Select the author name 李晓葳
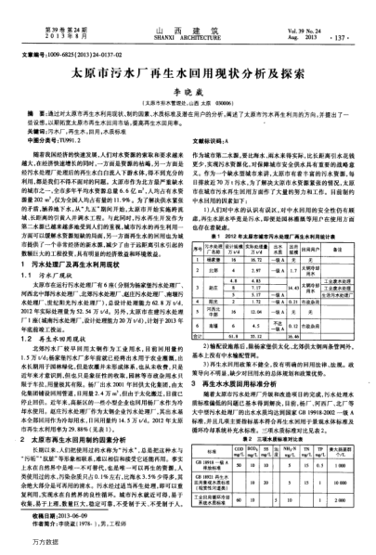point(188,87)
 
